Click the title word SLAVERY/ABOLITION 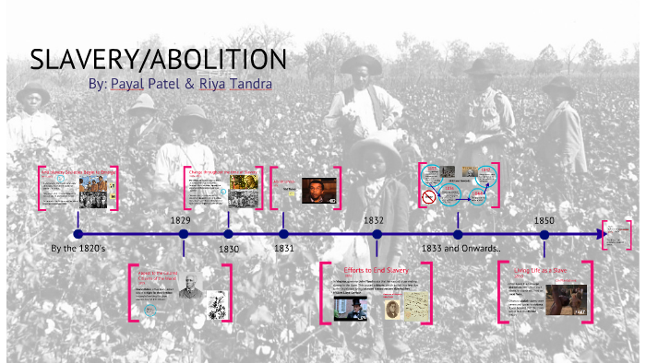(x=159, y=59)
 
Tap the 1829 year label (x=181, y=221)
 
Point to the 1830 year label (x=229, y=249)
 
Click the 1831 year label (x=283, y=249)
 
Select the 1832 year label (x=374, y=221)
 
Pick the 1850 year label (x=544, y=221)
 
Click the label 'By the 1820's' (x=78, y=249)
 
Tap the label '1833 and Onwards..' (x=460, y=249)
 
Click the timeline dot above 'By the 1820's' (x=78, y=234)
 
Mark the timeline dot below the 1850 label (x=544, y=234)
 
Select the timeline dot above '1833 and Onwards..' (x=458, y=234)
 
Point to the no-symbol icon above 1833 (x=427, y=196)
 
